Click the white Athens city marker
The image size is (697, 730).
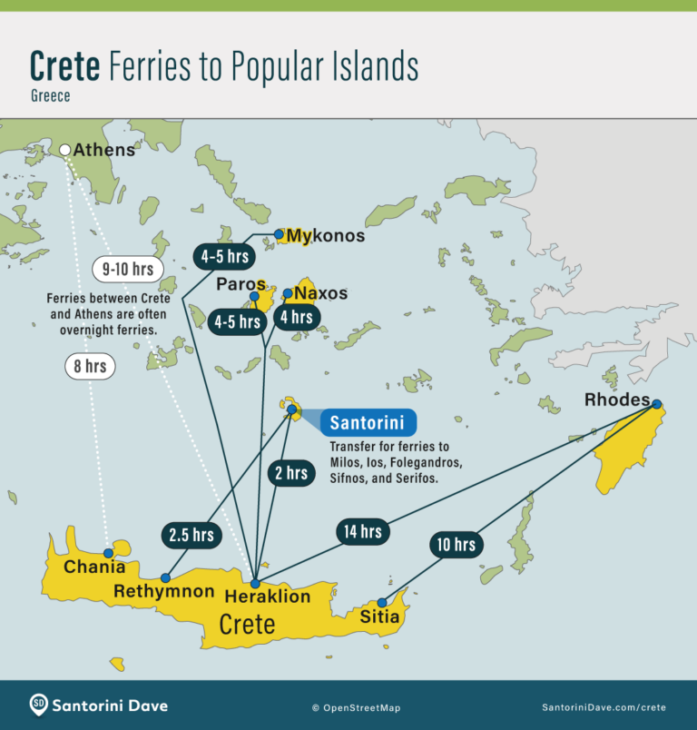coord(65,150)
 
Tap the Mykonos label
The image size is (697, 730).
coord(325,236)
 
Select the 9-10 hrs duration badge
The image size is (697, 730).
coord(128,269)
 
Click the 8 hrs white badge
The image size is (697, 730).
coord(91,367)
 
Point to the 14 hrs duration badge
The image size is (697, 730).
coord(363,531)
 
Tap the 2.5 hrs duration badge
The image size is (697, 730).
coord(190,535)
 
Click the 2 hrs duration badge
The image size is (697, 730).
coord(290,473)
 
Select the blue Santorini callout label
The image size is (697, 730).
coord(368,423)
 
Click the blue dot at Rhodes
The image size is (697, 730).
coord(656,404)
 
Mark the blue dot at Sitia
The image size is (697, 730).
coord(382,602)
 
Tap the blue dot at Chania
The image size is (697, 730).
coord(108,553)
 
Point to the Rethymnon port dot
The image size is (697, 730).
coord(165,577)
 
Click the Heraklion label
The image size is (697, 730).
coord(268,597)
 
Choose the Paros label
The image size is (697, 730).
coord(241,284)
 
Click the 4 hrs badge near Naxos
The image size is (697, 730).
coord(297,317)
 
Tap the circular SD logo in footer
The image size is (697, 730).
coord(39,705)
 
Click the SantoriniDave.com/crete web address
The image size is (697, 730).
coord(604,706)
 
